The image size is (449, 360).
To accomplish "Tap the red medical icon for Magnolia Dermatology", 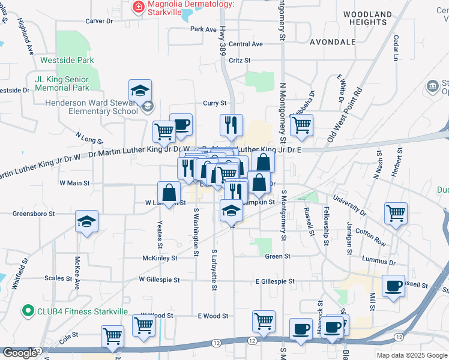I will click(137, 7).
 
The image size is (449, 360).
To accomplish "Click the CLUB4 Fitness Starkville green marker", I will click(27, 311).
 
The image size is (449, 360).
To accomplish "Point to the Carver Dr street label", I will click(99, 21).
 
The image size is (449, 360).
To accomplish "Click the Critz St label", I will click(239, 61).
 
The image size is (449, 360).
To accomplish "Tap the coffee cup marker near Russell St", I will click(393, 286).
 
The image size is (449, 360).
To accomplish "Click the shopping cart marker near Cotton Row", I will click(396, 213).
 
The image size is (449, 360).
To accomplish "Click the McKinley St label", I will click(160, 258).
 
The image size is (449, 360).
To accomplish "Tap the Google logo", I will click(20, 353).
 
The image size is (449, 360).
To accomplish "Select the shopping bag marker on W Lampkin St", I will click(169, 193).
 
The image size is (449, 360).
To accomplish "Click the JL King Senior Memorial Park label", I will click(62, 83).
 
